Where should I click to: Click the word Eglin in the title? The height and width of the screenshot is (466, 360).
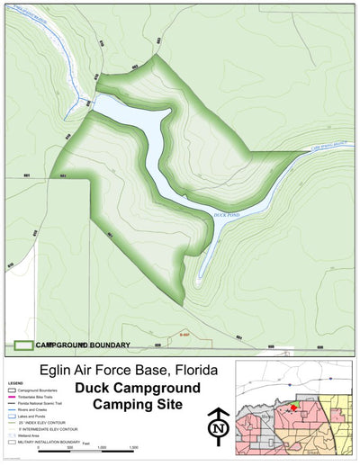(x=58, y=371)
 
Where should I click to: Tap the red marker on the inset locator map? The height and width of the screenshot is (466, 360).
(x=293, y=408)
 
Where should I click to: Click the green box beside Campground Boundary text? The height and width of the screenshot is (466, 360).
(x=24, y=345)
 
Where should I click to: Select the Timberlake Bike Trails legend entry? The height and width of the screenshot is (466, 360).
(x=36, y=395)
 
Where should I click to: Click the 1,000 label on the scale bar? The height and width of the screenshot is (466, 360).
(x=102, y=447)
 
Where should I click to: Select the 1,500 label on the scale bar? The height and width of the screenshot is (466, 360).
(x=133, y=447)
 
